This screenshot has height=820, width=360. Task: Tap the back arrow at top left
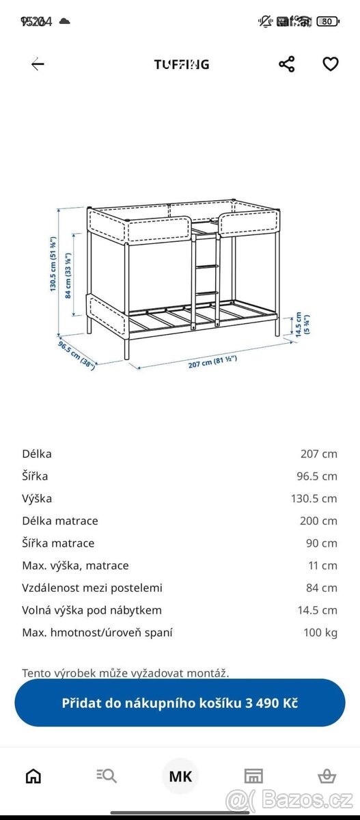[38, 64]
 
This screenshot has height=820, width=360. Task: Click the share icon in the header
[287, 64]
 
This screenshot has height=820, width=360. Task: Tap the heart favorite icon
[331, 64]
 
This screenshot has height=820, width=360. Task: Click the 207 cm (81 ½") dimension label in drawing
[217, 363]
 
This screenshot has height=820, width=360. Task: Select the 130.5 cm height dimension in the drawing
[53, 263]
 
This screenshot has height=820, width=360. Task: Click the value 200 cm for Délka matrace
[318, 521]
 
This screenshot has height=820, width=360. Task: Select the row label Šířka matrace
[58, 543]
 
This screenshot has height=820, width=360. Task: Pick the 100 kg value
[320, 632]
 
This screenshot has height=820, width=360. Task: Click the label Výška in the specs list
[37, 498]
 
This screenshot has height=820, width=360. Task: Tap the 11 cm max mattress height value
[322, 565]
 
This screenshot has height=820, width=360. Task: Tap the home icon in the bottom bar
[33, 776]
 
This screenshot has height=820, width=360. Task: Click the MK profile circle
[180, 776]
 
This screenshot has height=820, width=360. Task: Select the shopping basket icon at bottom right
[327, 776]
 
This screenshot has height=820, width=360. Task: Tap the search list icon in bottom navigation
[107, 776]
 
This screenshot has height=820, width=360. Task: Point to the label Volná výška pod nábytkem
[92, 610]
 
